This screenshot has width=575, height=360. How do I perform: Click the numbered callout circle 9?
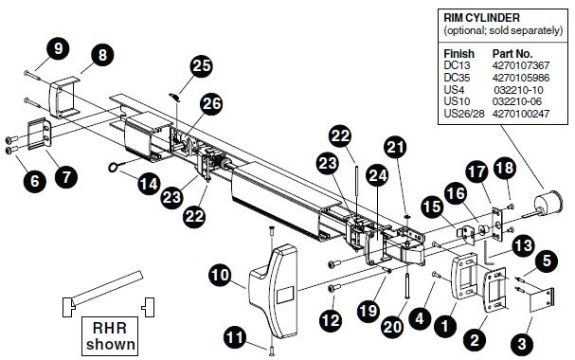coord(59,47)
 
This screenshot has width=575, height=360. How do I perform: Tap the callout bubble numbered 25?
coord(200,65)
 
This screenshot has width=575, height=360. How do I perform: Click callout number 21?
coord(394,147)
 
